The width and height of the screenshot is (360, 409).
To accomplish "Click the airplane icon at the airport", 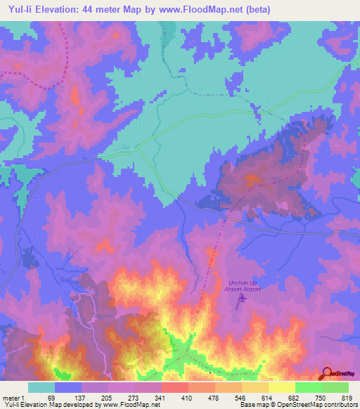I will [243, 298].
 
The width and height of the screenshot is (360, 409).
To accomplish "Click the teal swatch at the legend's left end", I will [41, 387].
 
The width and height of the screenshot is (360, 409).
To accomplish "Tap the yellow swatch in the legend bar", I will [282, 387].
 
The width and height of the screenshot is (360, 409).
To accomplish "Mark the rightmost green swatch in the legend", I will [335, 387].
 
